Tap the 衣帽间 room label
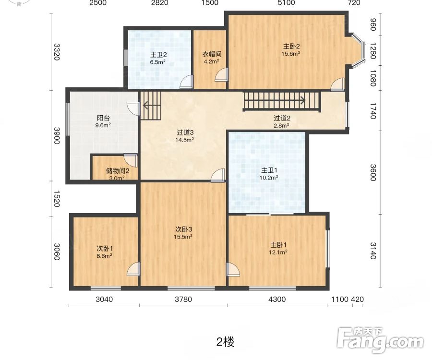click(x=211, y=54)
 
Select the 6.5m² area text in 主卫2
click(x=157, y=62)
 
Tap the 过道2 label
click(x=282, y=118)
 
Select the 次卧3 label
click(x=183, y=229)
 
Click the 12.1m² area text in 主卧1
click(x=278, y=252)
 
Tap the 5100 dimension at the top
click(x=286, y=3)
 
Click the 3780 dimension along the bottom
click(x=183, y=299)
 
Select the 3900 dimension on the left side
click(x=57, y=135)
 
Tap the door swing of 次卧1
click(x=133, y=269)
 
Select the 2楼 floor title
click(x=225, y=342)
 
